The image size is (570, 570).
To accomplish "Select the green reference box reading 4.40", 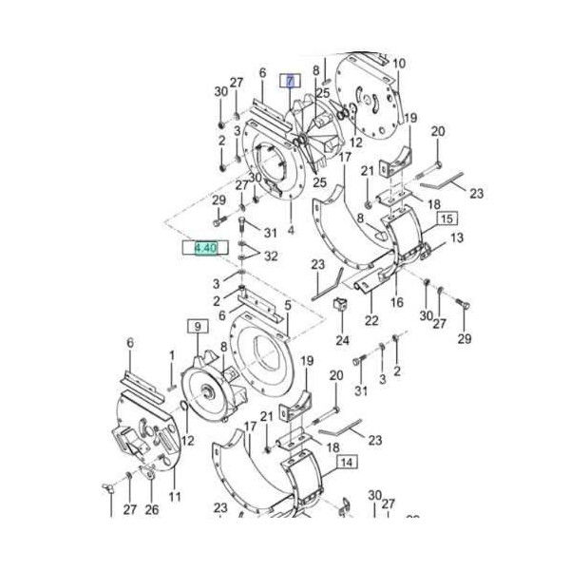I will pos(206,248).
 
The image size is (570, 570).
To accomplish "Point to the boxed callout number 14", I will pos(346,463).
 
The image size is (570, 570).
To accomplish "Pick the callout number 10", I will pos(399,64).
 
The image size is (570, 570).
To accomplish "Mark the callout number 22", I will pos(371,320).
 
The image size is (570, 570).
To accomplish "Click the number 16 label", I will pos(397,302).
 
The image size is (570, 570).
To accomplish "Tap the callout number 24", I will pos(342,339).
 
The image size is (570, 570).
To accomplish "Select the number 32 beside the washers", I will pos(271,256).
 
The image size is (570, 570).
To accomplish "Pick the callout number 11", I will pos(174,497).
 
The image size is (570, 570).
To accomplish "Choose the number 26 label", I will pos(152,510).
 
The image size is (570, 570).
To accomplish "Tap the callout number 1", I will pos(172,355).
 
